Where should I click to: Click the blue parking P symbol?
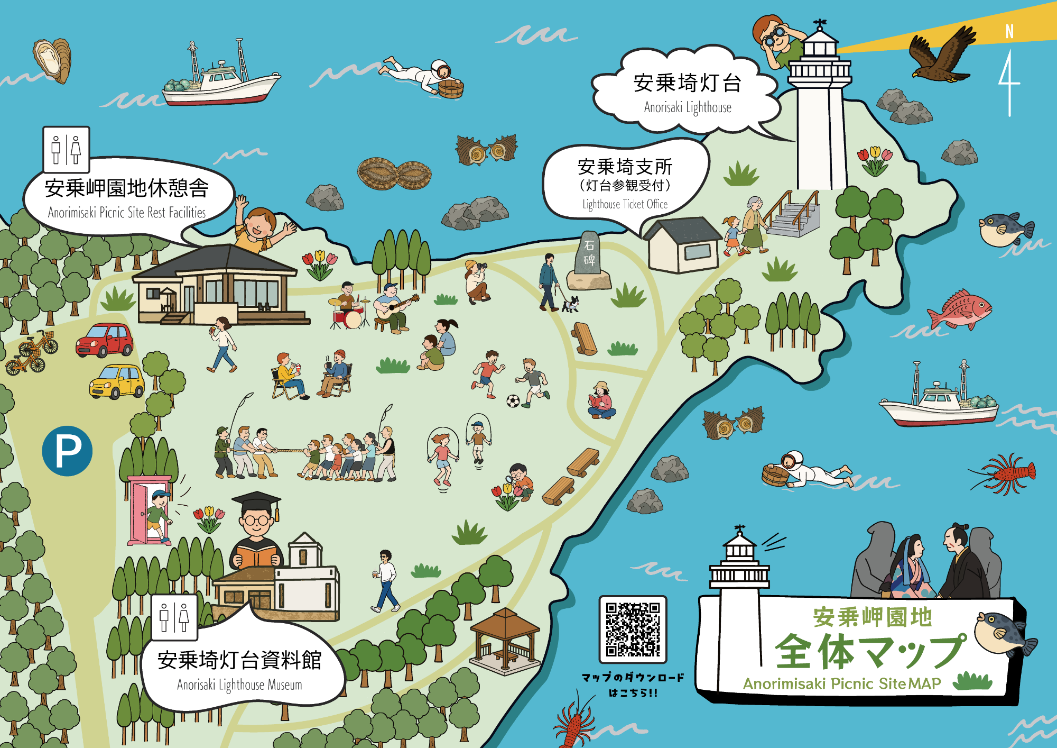click(x=67, y=451)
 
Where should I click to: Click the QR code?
click(x=633, y=629)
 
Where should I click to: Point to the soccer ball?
click(x=513, y=401)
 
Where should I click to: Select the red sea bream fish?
click(x=960, y=309)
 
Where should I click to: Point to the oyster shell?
click(x=52, y=60)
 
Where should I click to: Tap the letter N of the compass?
click(x=1009, y=32)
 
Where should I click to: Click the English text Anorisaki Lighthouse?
click(x=688, y=107)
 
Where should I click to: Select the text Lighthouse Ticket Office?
click(x=625, y=204)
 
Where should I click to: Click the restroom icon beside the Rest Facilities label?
click(x=66, y=150)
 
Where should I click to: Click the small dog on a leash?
click(x=570, y=304)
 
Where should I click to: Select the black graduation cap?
click(x=257, y=502)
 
